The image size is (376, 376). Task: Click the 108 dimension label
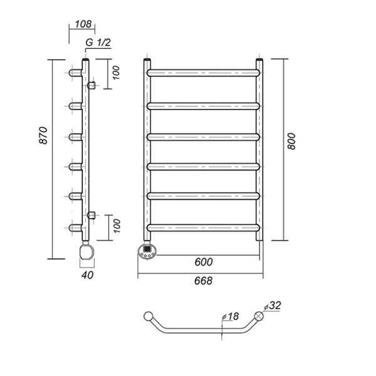83,24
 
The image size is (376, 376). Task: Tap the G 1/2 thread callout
98,43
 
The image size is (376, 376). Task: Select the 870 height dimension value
43,135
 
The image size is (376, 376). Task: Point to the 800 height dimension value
291,141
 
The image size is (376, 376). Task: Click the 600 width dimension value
204,262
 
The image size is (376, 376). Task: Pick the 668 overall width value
203,281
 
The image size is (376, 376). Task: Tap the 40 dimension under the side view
87,275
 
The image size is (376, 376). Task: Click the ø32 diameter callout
272,306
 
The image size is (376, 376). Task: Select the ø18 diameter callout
231,316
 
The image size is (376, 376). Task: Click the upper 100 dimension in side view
116,73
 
